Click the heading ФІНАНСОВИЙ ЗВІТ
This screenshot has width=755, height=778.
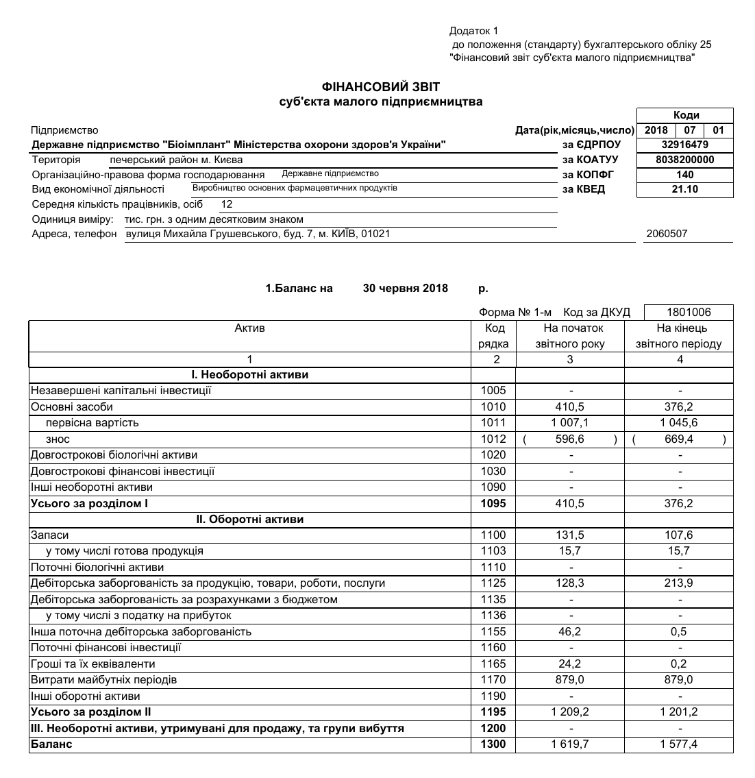click(381, 87)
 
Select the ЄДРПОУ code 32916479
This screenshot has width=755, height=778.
click(684, 145)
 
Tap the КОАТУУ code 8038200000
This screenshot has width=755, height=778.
click(684, 160)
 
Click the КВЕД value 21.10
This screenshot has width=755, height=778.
click(684, 189)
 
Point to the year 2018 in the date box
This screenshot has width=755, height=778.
click(656, 130)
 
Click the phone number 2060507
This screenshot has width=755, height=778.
click(667, 234)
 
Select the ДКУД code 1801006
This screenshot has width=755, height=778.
click(689, 313)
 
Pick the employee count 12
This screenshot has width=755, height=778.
click(227, 204)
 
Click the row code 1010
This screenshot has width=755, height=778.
click(493, 407)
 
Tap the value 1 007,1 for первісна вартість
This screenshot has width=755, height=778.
click(569, 423)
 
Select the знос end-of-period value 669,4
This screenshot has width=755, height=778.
click(679, 439)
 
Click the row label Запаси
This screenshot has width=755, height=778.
click(49, 535)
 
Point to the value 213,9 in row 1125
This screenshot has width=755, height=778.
click(679, 583)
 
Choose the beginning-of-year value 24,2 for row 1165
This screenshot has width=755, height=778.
click(569, 664)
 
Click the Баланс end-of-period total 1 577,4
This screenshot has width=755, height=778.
click(679, 744)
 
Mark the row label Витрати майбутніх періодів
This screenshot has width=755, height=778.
click(103, 680)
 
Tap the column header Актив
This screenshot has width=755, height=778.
click(249, 328)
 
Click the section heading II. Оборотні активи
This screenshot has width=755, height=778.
click(249, 520)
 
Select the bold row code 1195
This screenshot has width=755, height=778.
click(493, 712)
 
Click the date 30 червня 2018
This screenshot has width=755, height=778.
click(405, 289)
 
